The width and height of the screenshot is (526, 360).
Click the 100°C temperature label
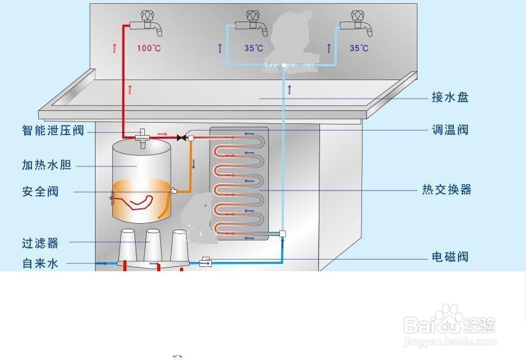[149, 48]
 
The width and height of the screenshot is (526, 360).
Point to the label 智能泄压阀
[52, 131]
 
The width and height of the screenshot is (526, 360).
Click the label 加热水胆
[46, 165]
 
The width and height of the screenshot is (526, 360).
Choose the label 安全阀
[40, 192]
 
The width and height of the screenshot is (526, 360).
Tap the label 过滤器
[40, 243]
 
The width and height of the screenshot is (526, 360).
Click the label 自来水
[40, 263]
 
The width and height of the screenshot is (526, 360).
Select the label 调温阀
[450, 130]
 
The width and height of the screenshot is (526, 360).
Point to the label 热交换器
[446, 190]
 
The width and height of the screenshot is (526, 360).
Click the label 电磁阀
[450, 256]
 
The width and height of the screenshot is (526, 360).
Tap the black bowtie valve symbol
[182, 137]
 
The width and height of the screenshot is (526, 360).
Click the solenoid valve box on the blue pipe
[206, 263]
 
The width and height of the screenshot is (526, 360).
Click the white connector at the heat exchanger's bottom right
[282, 234]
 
